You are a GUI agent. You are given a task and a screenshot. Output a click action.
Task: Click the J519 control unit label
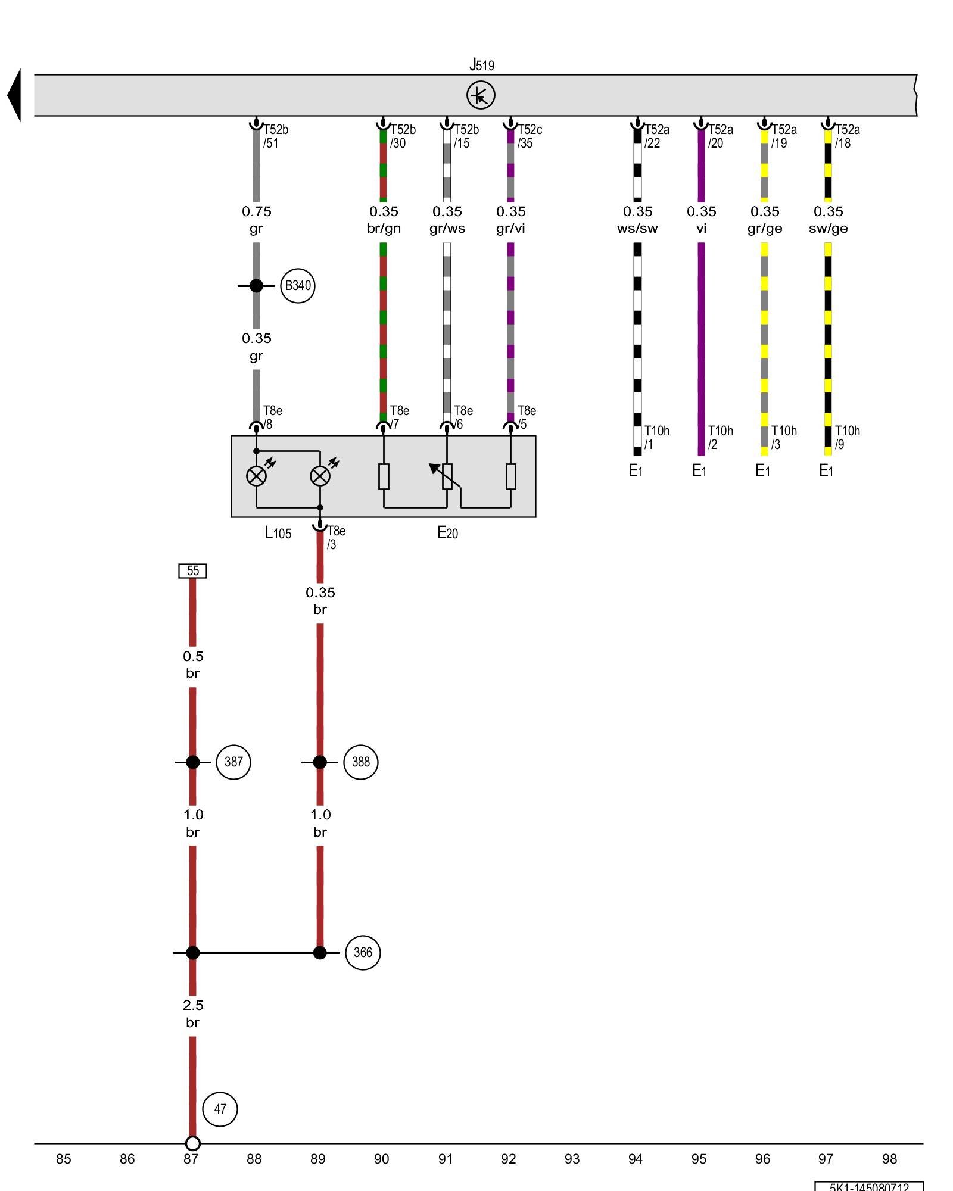(x=482, y=64)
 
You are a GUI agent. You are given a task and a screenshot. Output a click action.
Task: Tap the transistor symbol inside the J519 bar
(x=481, y=95)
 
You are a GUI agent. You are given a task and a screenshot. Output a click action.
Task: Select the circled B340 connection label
(x=297, y=286)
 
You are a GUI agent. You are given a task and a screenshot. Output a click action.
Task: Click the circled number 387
(x=233, y=762)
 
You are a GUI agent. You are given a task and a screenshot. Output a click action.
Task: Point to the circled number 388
(x=361, y=762)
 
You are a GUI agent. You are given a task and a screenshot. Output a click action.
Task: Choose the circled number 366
(x=363, y=952)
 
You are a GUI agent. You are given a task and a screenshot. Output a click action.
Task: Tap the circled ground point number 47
(x=220, y=1109)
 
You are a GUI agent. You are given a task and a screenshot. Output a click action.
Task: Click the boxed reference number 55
(x=193, y=571)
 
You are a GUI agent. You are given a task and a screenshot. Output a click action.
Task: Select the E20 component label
(x=447, y=533)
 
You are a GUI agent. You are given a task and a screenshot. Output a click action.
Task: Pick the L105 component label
(x=278, y=533)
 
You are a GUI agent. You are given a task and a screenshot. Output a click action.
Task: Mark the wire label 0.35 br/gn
(x=384, y=220)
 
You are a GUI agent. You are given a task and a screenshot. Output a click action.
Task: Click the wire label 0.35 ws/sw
(x=637, y=220)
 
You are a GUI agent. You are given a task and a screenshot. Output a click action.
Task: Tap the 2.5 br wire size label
(x=193, y=1014)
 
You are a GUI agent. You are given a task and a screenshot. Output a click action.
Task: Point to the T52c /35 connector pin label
(x=529, y=136)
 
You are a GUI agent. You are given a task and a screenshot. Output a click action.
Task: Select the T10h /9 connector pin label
(x=847, y=438)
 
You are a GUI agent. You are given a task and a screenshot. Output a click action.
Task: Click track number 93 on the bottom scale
(x=572, y=1159)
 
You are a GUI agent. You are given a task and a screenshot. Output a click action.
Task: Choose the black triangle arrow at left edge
(x=14, y=95)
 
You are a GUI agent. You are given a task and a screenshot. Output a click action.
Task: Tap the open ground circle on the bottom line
(x=192, y=1143)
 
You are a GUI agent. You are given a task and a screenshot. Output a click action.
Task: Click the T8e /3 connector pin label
(x=336, y=537)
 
